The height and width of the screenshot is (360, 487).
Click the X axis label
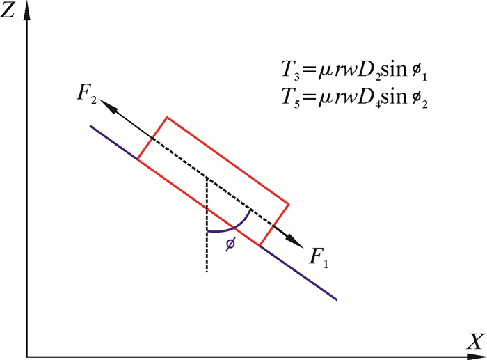pos(475,341)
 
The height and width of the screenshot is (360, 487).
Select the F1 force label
pos(319,260)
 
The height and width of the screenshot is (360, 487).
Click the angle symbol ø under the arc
pos(232,244)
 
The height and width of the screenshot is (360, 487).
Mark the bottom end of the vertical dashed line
pos(207,271)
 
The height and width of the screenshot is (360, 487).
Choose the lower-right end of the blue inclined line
pos(337,300)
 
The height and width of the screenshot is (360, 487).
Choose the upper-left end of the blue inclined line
pos(90,125)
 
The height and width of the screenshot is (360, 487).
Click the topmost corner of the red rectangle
pos(166,116)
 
